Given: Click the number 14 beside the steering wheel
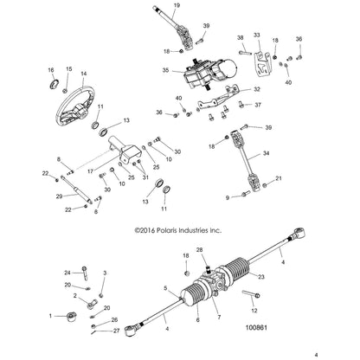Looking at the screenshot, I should (84, 74).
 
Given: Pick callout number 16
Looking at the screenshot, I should (50, 69).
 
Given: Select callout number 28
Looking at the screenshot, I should (201, 249).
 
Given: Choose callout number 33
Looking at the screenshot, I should (255, 35).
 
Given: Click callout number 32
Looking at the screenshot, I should (256, 89).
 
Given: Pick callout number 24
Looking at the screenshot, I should (67, 272).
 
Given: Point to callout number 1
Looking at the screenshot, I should (51, 316).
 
